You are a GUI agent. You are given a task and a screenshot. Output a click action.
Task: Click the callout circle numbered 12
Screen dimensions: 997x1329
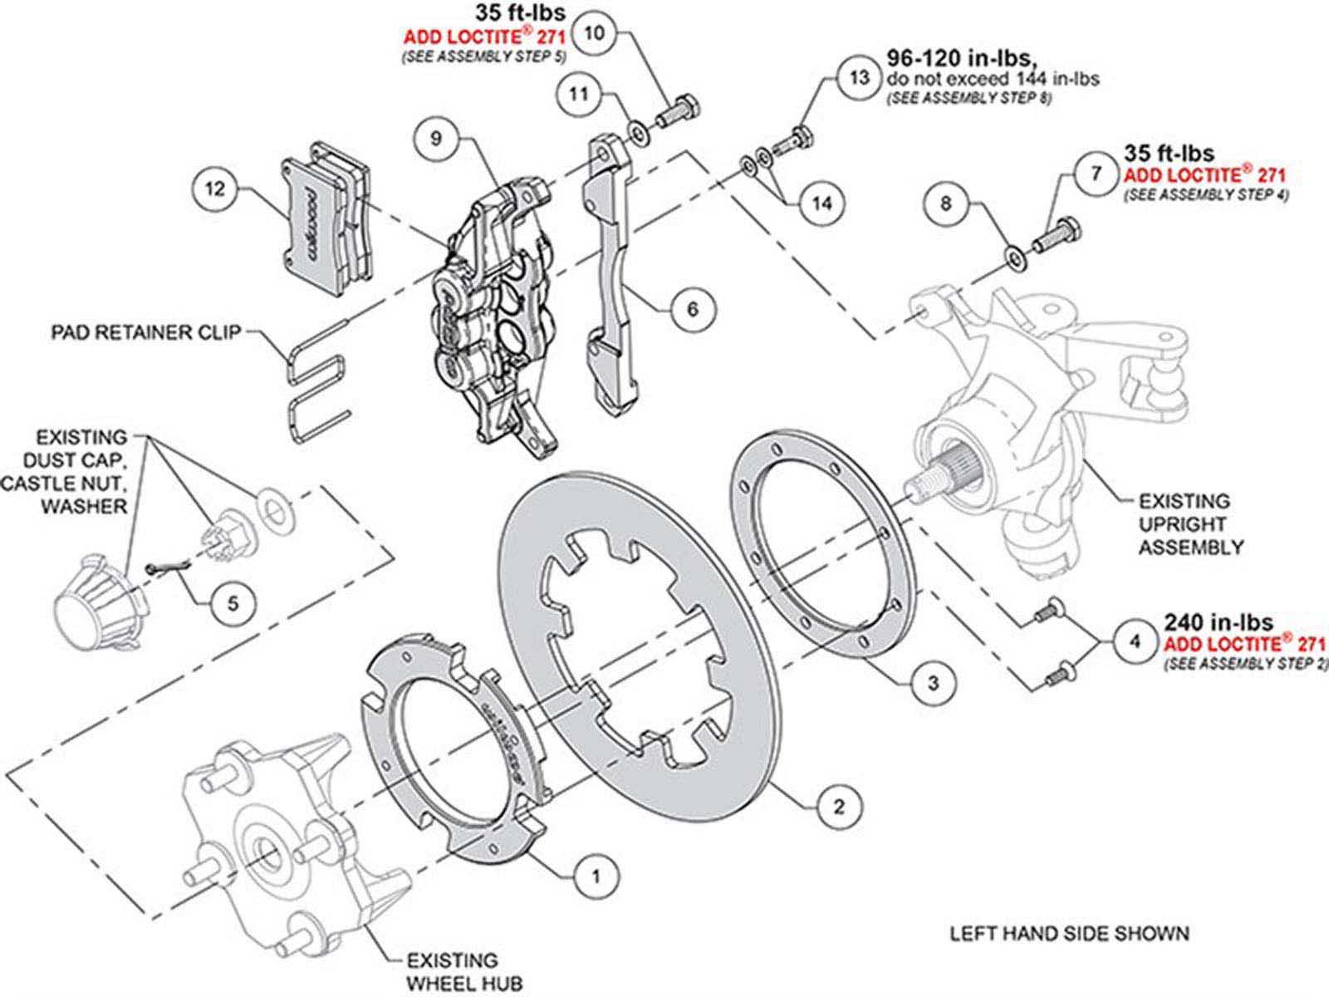point(215,189)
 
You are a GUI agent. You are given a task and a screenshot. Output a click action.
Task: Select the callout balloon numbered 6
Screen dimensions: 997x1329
point(692,309)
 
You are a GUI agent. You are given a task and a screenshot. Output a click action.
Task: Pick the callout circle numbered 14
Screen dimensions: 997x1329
point(821,203)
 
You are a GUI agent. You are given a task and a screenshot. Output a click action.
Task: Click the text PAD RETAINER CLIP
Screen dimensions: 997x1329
point(145,333)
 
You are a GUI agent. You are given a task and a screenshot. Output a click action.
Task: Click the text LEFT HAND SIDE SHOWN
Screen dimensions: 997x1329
point(1069,933)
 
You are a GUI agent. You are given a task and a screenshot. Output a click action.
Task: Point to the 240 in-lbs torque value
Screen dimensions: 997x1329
point(1218,622)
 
